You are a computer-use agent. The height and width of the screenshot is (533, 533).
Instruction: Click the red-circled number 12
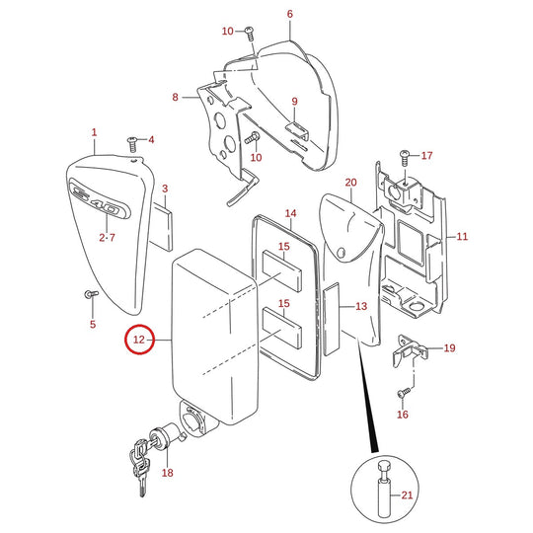[x=139, y=340]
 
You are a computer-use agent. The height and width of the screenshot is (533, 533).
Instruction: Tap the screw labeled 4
[x=132, y=144]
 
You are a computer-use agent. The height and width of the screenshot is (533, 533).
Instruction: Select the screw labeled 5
[x=91, y=294]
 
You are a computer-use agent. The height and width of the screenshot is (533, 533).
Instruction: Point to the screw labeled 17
[x=405, y=158]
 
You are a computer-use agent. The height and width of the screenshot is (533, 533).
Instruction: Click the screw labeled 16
[x=404, y=393]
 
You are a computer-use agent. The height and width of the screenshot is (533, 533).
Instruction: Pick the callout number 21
[x=407, y=495]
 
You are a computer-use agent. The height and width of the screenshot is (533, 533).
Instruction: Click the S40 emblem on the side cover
[x=100, y=198]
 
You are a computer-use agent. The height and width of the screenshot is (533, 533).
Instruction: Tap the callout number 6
[x=289, y=14]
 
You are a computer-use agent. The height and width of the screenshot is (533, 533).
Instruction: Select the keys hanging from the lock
[x=140, y=466]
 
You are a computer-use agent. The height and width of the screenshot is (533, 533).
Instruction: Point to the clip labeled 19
[x=409, y=350]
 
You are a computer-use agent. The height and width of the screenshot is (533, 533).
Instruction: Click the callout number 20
[x=350, y=183]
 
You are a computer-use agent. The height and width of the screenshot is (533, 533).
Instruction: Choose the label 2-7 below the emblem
[x=107, y=237]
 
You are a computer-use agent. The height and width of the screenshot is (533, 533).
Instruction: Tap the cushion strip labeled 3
[x=161, y=227]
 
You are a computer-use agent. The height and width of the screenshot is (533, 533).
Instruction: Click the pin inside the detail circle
[x=384, y=489]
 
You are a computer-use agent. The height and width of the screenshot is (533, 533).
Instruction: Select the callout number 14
[x=290, y=213]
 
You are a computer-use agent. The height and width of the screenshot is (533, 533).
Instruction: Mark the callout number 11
[x=462, y=236]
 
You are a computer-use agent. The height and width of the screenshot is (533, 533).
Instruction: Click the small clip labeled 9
[x=297, y=131]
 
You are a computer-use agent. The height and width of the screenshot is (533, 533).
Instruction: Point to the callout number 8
[x=175, y=97]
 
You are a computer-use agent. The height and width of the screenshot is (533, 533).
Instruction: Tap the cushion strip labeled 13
[x=331, y=319]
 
